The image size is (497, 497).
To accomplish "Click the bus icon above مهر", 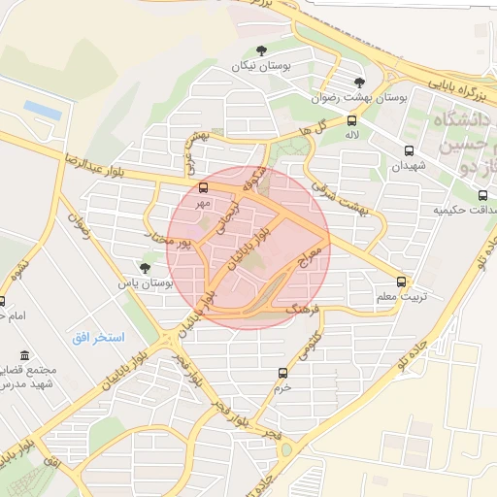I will (x=203, y=188).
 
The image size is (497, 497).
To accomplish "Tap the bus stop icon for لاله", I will (x=351, y=122).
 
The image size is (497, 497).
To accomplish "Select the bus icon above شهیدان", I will (x=409, y=150).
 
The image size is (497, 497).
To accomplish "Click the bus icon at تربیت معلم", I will (x=402, y=282).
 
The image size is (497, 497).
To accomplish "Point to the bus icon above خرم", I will (x=282, y=373).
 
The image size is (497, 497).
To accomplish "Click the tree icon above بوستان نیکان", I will (x=260, y=50).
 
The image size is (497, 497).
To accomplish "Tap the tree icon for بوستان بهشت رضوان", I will (x=360, y=83).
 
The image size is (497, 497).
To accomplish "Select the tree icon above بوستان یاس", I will (x=145, y=268).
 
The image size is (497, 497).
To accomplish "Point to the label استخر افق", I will (x=98, y=337).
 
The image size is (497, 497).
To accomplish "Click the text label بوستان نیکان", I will (x=261, y=66).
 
